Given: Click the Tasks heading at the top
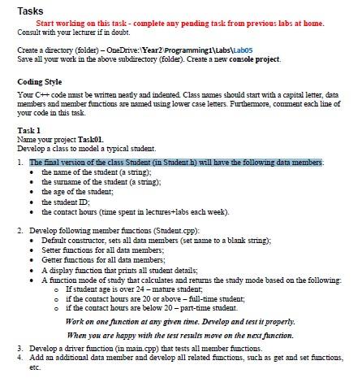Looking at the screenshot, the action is coord(30,11).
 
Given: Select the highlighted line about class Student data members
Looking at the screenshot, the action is coord(175,163).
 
